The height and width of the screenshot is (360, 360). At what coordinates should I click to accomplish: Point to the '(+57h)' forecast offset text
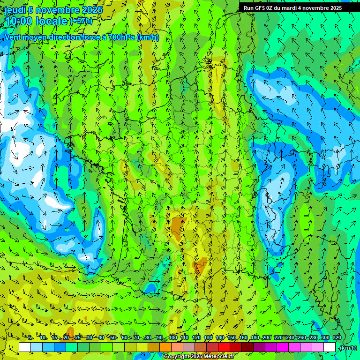(x=81, y=21)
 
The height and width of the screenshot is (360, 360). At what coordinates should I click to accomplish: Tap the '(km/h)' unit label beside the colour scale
(x=347, y=348)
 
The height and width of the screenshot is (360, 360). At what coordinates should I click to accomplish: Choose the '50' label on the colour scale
(x=112, y=338)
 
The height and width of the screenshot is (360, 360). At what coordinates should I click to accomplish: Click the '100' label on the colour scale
(x=172, y=338)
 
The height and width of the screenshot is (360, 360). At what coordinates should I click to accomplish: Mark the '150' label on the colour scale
(x=232, y=338)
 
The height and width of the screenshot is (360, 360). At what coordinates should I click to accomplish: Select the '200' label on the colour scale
(x=267, y=338)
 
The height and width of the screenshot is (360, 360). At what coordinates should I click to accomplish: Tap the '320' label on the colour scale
(x=337, y=338)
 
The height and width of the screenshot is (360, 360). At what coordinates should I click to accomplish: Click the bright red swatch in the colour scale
(x=224, y=347)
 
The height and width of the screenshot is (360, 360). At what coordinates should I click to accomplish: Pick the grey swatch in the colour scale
(x=189, y=347)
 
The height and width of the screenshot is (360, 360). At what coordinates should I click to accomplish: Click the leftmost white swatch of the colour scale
(x=25, y=347)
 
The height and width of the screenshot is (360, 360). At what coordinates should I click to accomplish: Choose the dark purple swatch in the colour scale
(x=259, y=347)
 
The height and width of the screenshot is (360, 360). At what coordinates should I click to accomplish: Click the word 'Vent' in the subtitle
(x=13, y=37)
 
